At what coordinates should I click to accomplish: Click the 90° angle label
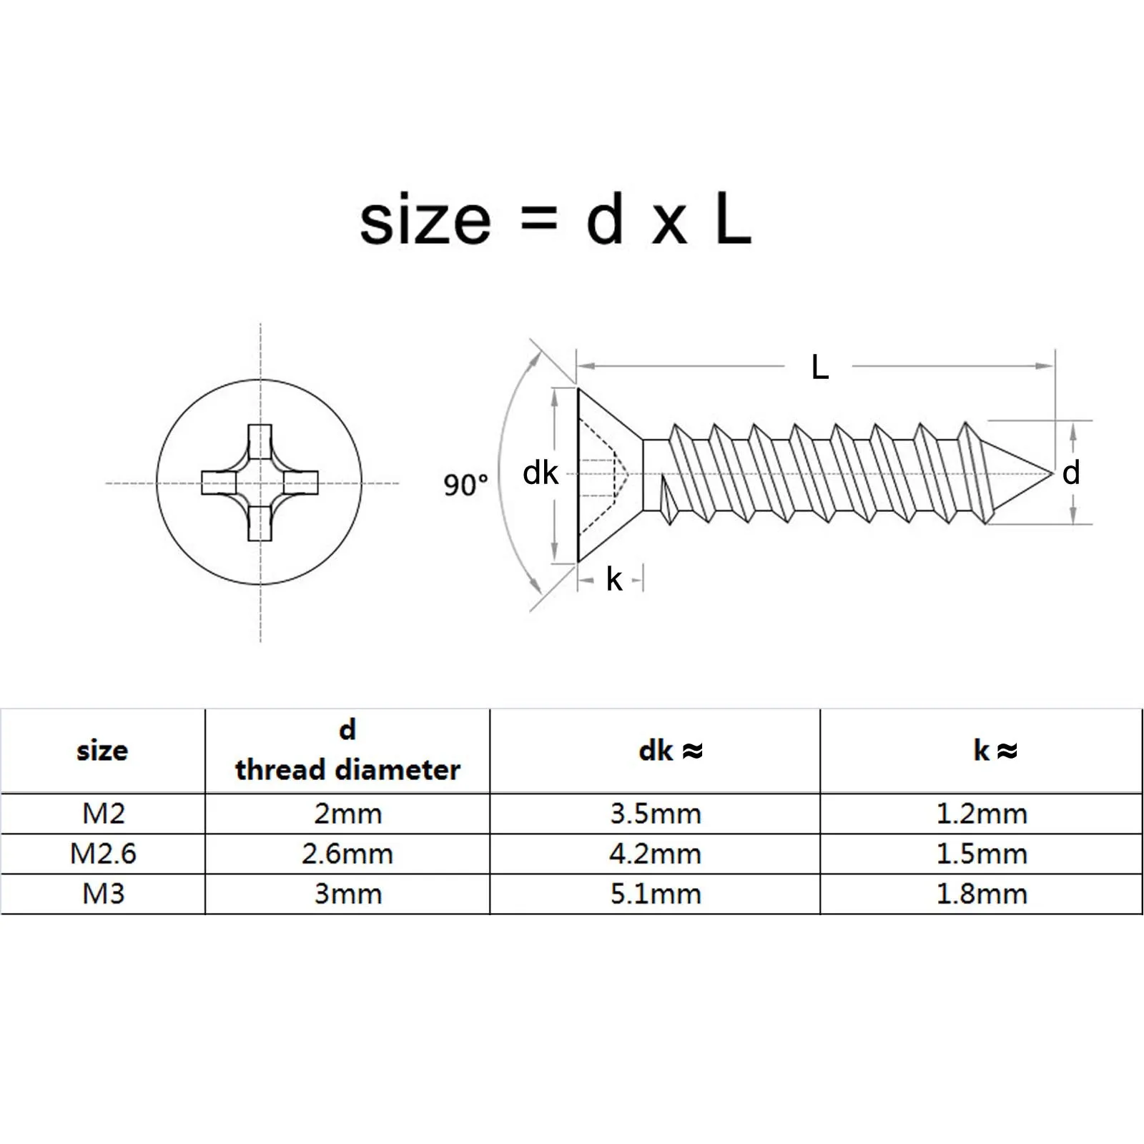click(x=465, y=485)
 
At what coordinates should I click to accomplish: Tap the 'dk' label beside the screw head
click(x=540, y=473)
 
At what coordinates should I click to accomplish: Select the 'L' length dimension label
click(x=819, y=368)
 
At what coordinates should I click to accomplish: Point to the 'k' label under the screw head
click(x=613, y=579)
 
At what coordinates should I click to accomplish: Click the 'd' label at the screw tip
click(x=1070, y=473)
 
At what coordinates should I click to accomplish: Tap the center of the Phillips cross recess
click(x=260, y=483)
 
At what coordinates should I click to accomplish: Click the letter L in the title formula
click(x=733, y=221)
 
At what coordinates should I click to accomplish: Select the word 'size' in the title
click(x=425, y=221)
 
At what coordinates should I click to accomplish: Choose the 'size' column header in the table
click(x=102, y=751)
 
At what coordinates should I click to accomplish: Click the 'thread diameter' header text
click(x=347, y=770)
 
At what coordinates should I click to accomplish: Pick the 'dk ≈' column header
click(x=671, y=751)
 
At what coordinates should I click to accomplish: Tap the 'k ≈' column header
click(x=995, y=751)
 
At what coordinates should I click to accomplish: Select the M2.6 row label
click(x=103, y=854)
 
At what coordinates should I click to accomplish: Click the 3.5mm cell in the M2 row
click(x=655, y=814)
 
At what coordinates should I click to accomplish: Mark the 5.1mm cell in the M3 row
click(x=655, y=894)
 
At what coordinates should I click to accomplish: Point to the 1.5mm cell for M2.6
click(x=981, y=854)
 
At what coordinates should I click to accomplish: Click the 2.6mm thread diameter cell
click(x=347, y=854)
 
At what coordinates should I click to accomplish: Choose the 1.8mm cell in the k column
click(x=981, y=894)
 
